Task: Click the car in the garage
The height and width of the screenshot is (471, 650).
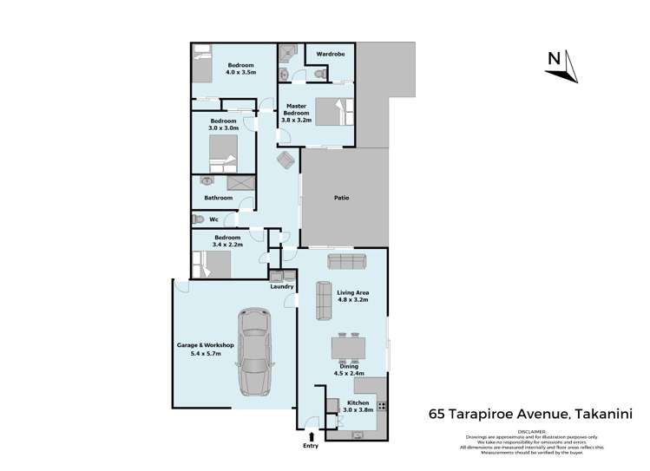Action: coord(253,353)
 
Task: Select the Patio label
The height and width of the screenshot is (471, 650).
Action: coord(342,198)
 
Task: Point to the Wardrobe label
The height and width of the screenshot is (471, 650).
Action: coord(330,53)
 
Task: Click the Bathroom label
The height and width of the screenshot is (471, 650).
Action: coord(218,198)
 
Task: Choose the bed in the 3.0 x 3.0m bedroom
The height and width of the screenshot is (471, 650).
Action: coord(222,162)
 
